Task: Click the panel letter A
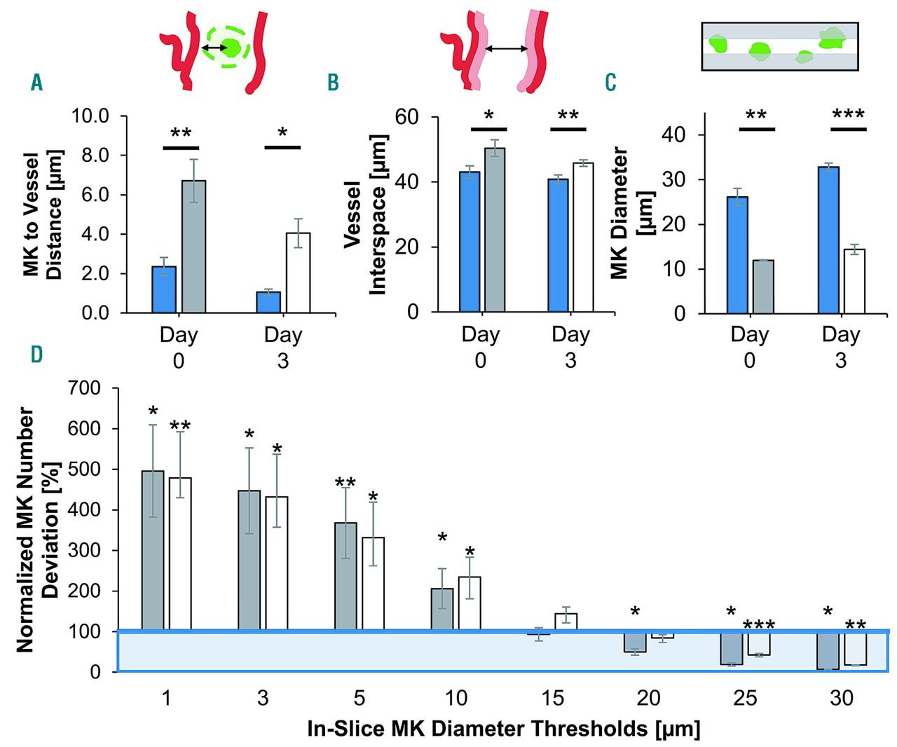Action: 36,83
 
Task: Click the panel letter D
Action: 36,355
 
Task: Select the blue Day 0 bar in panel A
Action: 164,289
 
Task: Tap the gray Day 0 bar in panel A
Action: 193,247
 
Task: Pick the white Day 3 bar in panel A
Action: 298,273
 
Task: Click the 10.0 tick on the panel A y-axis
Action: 90,116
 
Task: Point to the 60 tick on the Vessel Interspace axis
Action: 406,116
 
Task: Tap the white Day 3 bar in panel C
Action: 854,281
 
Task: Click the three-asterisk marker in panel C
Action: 848,114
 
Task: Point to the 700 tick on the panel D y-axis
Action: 84,388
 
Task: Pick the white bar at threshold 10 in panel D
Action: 470,603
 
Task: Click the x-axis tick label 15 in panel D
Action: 552,698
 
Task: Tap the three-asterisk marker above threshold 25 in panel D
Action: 759,625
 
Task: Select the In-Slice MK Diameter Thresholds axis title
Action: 503,729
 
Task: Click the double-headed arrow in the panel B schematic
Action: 506,48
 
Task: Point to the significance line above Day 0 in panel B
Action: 488,129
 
